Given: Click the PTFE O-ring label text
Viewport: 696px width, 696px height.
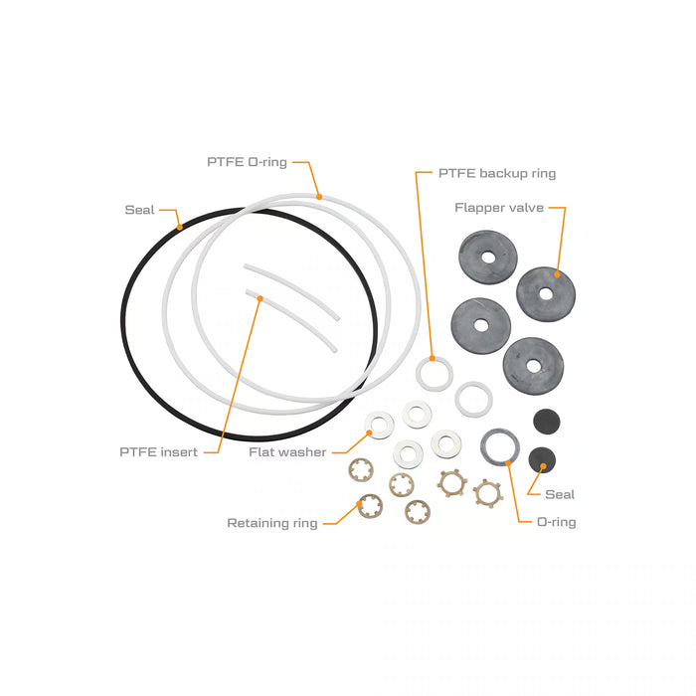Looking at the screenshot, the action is [248, 162].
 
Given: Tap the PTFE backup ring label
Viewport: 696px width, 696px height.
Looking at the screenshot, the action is [497, 173].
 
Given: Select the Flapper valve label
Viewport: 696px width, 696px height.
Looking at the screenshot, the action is [499, 208].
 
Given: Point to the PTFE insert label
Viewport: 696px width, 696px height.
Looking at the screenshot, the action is [158, 452].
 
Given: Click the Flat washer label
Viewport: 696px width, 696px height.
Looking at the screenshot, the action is [287, 452].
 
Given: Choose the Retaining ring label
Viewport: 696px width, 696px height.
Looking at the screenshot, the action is [272, 523].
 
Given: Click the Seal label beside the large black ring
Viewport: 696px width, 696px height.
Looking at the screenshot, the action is [139, 210].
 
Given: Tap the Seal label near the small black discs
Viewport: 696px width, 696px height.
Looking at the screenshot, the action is [560, 494].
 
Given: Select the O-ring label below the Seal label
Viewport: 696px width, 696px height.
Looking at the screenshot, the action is [557, 522].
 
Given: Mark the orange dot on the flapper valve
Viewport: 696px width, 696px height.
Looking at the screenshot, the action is [557, 274].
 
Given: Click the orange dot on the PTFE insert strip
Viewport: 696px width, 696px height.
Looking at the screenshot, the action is [261, 298].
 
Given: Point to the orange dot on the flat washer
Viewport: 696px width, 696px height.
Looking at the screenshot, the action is [369, 433].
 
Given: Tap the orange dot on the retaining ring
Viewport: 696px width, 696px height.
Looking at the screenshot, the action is [360, 503].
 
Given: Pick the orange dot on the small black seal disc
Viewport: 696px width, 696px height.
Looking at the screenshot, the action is [543, 465].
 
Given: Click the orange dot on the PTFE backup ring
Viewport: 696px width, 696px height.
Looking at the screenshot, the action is [432, 358].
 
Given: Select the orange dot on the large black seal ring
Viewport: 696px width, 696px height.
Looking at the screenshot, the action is [179, 228].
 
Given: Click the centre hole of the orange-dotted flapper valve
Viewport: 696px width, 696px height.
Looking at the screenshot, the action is [546, 294].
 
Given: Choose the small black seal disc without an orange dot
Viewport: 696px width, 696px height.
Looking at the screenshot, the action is [547, 422].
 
